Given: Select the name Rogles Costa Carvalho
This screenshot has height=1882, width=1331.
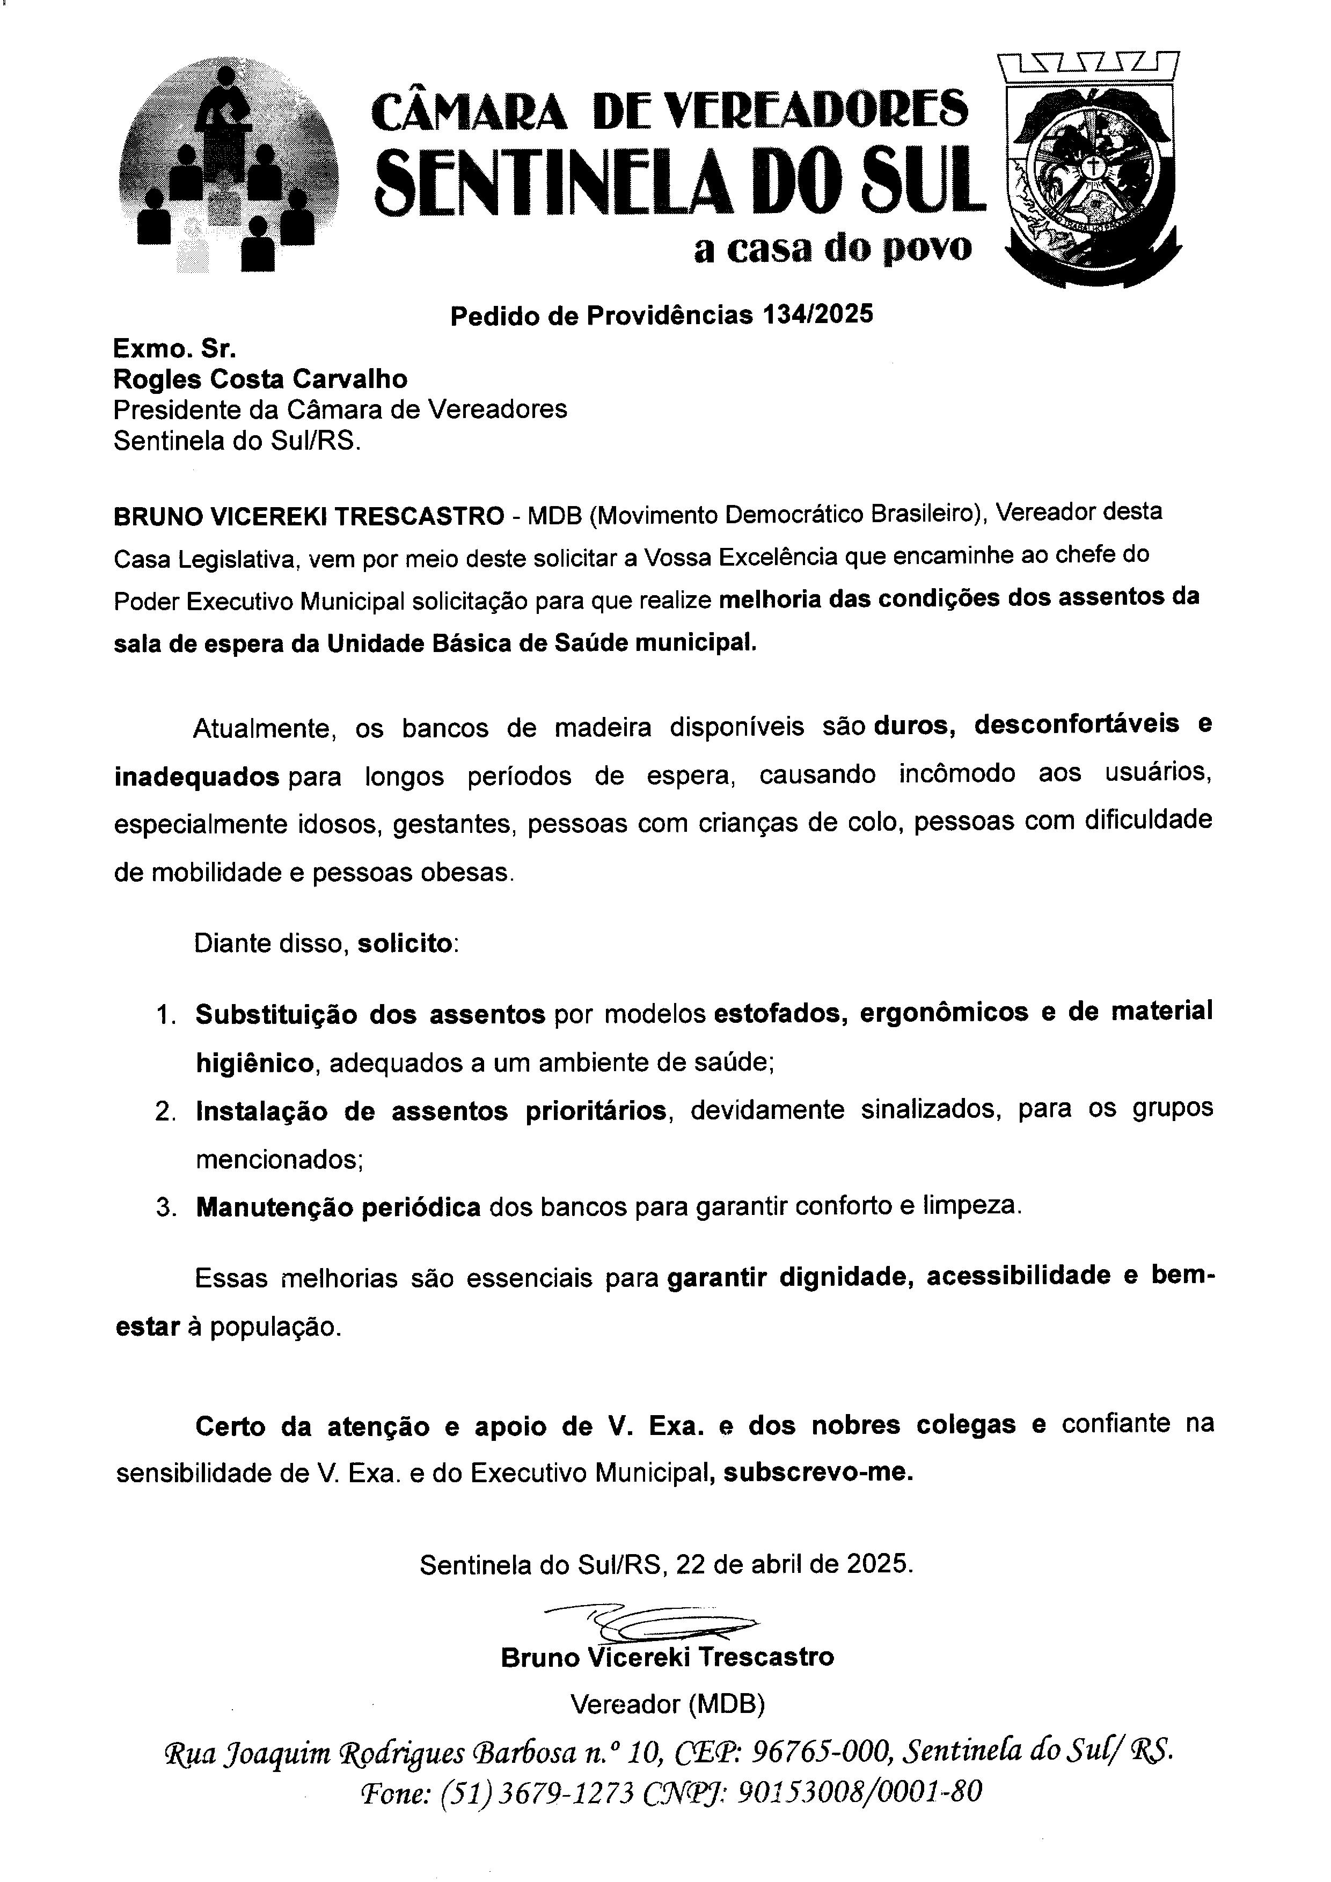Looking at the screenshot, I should tap(260, 379).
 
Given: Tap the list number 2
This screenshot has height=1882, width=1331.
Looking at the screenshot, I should tap(164, 1112).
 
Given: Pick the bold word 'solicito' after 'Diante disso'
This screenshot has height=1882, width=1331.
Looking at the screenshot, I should tap(405, 943).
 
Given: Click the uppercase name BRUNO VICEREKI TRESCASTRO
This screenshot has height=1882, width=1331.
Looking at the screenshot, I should tap(309, 516).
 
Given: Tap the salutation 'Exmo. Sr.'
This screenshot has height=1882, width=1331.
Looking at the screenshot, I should tap(174, 349).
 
